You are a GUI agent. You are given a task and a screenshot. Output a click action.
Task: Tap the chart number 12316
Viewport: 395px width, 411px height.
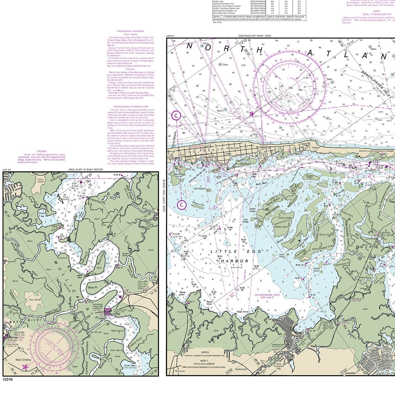[x=7, y=379]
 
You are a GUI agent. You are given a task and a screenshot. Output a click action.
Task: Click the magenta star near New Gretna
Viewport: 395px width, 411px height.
[x=25, y=367]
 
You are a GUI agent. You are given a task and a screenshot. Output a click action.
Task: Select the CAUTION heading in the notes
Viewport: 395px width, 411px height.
[x=42, y=151]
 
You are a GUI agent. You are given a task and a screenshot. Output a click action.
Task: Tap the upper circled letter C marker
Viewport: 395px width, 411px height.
[x=176, y=116]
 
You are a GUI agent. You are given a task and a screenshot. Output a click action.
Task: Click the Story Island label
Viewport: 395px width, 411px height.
[x=326, y=235]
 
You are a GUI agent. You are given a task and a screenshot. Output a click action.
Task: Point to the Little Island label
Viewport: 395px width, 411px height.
[x=199, y=189]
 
